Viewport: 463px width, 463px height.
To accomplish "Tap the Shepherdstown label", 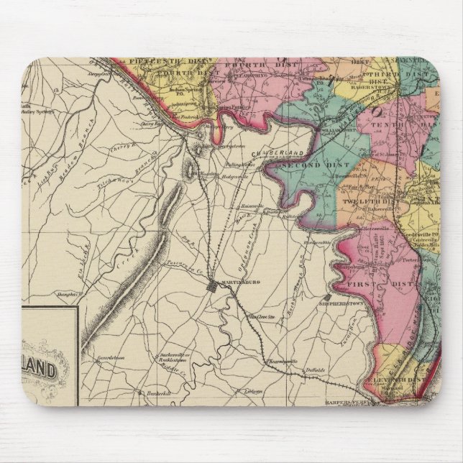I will click(x=353, y=302).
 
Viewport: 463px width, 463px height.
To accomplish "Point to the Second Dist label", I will click(x=303, y=166).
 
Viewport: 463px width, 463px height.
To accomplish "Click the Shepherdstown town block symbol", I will click(x=328, y=296).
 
